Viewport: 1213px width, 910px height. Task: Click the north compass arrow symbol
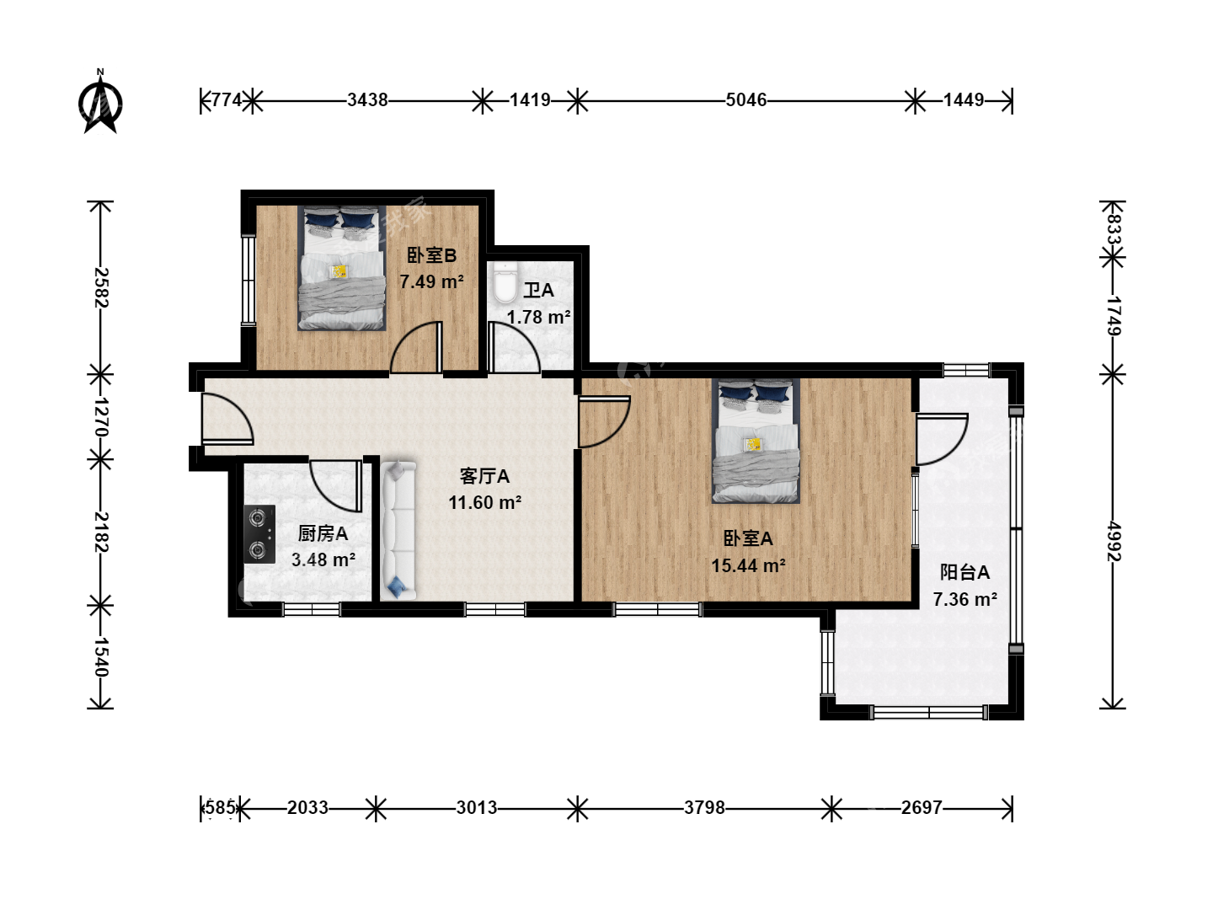tap(100, 103)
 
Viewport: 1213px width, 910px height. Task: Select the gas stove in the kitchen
tap(259, 534)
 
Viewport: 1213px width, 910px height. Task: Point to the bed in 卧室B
tap(341, 269)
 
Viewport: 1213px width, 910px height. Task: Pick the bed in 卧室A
tap(756, 441)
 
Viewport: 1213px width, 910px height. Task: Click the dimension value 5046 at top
tap(746, 100)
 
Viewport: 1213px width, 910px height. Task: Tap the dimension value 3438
tap(367, 100)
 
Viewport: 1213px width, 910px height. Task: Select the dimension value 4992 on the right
tap(1114, 542)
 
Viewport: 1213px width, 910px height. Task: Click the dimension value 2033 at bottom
tap(307, 808)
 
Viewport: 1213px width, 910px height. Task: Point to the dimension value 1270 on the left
tap(101, 417)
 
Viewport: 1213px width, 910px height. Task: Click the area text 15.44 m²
tap(748, 565)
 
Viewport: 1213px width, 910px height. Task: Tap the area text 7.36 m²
tap(965, 599)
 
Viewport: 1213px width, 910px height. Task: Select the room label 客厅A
tap(484, 476)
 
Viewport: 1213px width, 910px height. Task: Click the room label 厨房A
tap(323, 533)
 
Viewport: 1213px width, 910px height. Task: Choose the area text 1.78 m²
tap(539, 317)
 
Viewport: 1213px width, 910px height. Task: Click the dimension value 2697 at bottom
tap(922, 808)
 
